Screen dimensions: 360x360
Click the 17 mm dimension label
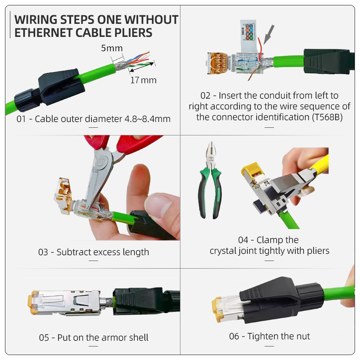[143, 80]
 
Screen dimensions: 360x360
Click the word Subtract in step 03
[74, 252]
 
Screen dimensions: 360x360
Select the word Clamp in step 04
[273, 240]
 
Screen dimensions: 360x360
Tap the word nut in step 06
[302, 336]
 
